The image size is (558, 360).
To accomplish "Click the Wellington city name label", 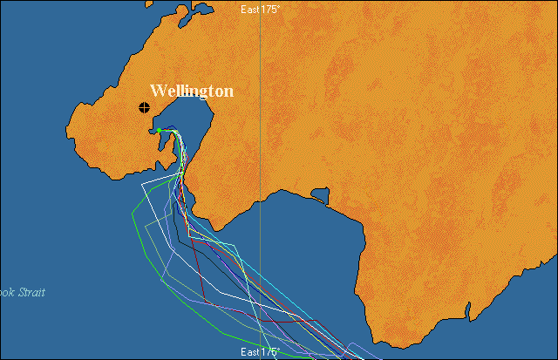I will point(191,91).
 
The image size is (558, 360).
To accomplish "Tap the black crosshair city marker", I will point(144,107).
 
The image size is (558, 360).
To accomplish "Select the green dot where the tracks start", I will point(159,131).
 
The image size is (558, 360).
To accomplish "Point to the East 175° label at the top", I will point(260,9).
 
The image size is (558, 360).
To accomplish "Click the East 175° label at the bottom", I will point(260,352).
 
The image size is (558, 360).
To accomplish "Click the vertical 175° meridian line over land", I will point(261,105).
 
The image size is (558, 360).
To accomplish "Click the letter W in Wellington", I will point(158,91).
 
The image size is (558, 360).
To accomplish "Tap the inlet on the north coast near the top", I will point(201,10).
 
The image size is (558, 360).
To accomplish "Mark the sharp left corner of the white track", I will point(144,184).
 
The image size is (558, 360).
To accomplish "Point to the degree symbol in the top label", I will point(279,5).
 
